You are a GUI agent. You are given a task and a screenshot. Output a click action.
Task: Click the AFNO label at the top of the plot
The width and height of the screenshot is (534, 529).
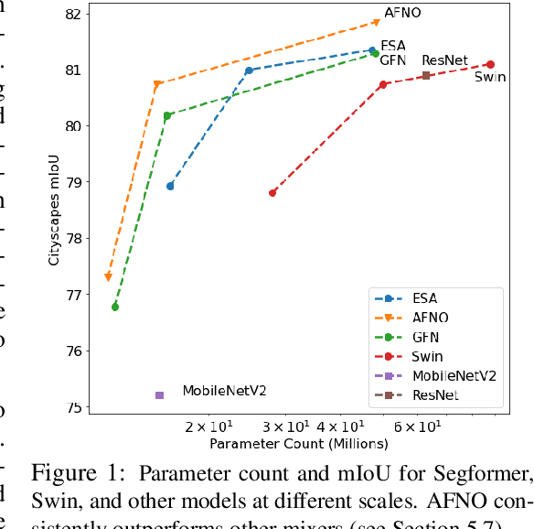click(402, 14)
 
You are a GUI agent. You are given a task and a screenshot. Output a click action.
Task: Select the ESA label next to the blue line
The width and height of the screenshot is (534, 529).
click(393, 46)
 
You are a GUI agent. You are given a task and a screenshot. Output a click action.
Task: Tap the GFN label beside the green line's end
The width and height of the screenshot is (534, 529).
click(393, 59)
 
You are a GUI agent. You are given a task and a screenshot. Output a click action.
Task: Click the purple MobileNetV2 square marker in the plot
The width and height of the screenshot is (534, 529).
click(159, 395)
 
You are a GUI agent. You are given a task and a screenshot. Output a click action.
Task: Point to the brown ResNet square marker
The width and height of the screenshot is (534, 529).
click(426, 75)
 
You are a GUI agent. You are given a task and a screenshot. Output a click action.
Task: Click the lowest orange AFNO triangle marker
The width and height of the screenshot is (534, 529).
click(108, 277)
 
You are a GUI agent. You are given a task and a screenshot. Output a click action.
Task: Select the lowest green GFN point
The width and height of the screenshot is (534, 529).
click(115, 307)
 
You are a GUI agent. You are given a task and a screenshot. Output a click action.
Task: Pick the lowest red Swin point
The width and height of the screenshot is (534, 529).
click(272, 192)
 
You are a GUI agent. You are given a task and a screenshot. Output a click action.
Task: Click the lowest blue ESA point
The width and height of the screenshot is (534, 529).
click(170, 186)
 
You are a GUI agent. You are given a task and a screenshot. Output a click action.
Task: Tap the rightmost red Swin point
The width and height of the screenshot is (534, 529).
click(490, 64)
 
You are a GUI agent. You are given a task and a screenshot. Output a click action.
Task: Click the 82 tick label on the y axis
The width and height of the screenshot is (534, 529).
click(73, 14)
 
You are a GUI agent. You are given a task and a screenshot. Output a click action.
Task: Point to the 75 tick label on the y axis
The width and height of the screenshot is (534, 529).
click(73, 407)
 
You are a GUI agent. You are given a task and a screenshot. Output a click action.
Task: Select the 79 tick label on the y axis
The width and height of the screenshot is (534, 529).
click(73, 182)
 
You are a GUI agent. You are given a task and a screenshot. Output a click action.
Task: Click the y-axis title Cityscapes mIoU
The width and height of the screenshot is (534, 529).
click(54, 210)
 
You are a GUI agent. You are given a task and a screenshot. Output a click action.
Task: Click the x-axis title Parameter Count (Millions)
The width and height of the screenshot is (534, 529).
click(299, 444)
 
